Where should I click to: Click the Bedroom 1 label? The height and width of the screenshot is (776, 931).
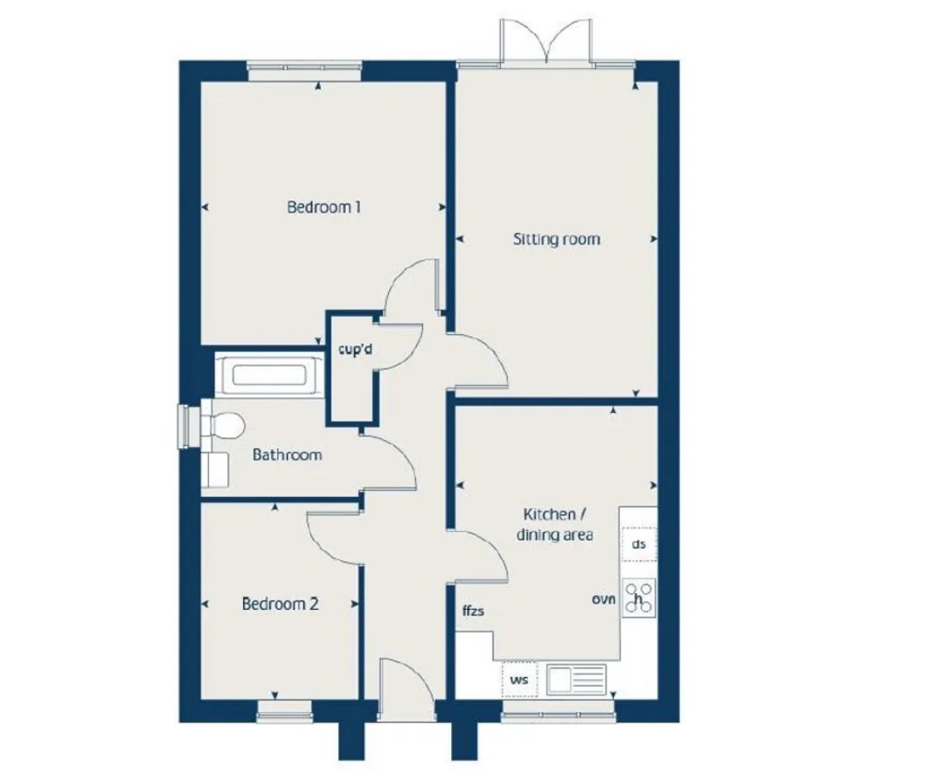click(324, 207)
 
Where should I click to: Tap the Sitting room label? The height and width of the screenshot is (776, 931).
click(556, 239)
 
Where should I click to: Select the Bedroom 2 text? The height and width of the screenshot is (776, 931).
click(280, 604)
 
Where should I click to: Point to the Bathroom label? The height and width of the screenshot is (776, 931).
click(287, 455)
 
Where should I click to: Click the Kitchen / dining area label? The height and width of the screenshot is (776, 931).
click(557, 524)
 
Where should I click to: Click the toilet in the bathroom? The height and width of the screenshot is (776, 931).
click(222, 426)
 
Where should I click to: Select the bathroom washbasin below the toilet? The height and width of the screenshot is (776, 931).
click(214, 470)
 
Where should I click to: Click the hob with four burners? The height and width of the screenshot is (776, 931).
click(639, 597)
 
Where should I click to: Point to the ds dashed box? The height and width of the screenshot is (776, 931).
click(639, 544)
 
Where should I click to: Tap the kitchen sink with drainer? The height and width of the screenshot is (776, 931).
click(576, 679)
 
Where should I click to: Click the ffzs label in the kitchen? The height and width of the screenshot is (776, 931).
click(473, 612)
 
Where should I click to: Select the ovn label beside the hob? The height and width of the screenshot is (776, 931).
click(604, 600)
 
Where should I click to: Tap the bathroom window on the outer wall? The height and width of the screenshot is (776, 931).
click(185, 426)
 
